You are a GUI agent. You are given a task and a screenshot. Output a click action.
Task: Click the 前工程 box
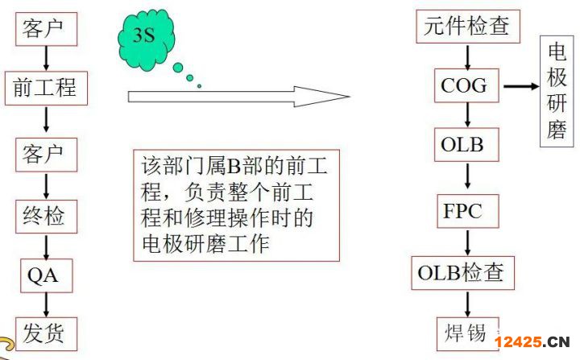point(46,88)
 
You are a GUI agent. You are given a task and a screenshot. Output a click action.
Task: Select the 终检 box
point(46,217)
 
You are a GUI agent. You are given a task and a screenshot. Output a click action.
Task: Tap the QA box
point(46,275)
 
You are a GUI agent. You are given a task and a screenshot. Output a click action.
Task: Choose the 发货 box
point(46,333)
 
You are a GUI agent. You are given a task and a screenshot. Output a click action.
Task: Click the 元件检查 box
point(468,27)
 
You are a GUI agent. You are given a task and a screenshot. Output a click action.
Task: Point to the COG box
point(466,85)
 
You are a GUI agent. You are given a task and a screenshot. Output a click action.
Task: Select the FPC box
point(468,211)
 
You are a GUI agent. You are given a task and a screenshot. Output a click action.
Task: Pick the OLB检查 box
point(462,273)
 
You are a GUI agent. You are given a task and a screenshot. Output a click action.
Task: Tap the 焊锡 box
point(468,333)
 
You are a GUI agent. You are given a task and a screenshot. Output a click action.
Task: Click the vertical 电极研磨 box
point(557,91)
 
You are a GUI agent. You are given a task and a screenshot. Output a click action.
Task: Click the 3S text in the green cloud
point(143,35)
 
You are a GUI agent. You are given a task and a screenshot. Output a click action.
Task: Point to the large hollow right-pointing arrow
point(238,97)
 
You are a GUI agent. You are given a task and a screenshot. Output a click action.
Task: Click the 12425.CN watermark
point(532,341)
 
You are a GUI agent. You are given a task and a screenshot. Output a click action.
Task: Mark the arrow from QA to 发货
point(46,305)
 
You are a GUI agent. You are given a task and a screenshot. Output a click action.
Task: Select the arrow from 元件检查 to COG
point(467,57)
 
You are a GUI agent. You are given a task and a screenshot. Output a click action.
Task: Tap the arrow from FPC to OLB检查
point(467,242)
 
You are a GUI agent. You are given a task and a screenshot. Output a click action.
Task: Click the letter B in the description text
point(234,167)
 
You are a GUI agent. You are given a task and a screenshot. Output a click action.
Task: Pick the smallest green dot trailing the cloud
point(200,86)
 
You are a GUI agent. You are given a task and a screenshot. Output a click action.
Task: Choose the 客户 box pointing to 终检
point(46,155)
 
